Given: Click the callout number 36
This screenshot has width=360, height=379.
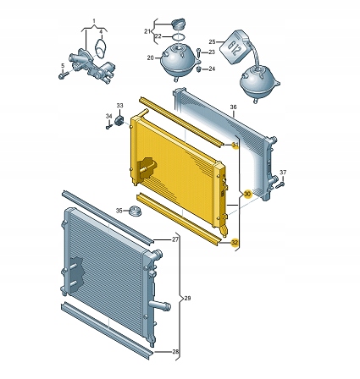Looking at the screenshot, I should click(x=233, y=107).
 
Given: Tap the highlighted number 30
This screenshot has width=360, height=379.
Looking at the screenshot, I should click(x=246, y=194).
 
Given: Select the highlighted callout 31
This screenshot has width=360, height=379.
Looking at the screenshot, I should click(x=235, y=146).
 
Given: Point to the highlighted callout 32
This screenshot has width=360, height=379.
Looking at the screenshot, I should click(x=235, y=242).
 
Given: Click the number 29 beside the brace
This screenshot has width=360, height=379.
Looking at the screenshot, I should click(x=187, y=298).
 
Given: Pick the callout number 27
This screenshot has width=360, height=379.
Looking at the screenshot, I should click(x=175, y=239).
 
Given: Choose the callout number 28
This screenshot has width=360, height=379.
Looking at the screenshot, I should click(x=175, y=351).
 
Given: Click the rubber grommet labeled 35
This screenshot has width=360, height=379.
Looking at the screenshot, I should click(x=133, y=210).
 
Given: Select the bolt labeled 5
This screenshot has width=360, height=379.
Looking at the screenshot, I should click(x=64, y=74).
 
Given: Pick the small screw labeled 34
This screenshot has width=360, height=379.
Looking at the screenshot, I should click(x=108, y=126).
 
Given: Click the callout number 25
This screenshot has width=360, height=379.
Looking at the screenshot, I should click(x=213, y=41).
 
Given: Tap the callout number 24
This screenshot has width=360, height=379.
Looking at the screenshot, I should click(x=212, y=69).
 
